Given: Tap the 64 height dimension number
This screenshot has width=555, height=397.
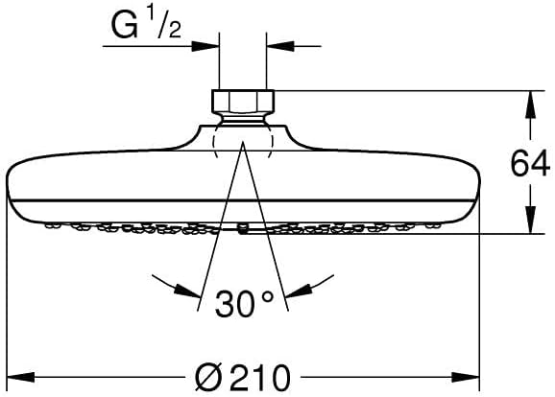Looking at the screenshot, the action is click(530, 164).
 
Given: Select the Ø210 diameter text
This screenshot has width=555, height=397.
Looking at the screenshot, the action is click(243, 378).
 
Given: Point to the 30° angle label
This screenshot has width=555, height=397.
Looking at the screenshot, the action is click(244, 304).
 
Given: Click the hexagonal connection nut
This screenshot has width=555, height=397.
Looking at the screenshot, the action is click(243, 102).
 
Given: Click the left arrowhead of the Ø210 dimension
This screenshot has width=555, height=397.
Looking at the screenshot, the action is click(20, 377).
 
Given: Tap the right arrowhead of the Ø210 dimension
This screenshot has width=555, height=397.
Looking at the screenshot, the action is click(466, 377).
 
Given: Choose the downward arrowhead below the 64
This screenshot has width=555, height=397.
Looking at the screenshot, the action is click(530, 220).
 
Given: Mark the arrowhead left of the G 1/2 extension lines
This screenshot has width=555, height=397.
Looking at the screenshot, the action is click(205, 46).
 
